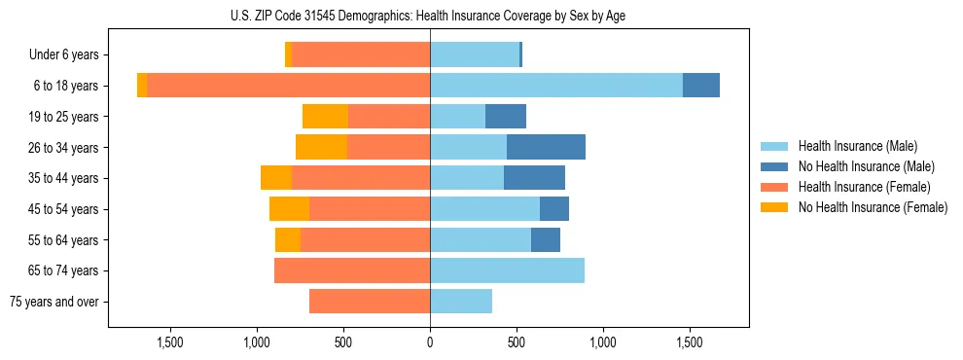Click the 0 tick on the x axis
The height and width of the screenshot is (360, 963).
pyautogui.click(x=430, y=343)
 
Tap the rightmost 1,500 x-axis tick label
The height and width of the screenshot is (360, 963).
pyautogui.click(x=689, y=343)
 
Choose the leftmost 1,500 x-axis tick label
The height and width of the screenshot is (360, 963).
pyautogui.click(x=170, y=343)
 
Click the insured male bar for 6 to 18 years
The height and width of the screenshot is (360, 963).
pyautogui.click(x=556, y=86)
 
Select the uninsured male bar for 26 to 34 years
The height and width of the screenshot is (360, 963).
pyautogui.click(x=546, y=147)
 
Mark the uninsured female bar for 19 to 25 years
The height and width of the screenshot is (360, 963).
pyautogui.click(x=325, y=117)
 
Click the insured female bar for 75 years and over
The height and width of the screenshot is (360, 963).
pyautogui.click(x=370, y=302)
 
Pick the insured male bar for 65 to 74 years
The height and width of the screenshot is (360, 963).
pyautogui.click(x=507, y=270)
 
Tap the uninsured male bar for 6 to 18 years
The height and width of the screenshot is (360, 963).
pyautogui.click(x=701, y=86)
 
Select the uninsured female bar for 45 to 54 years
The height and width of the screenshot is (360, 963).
pyautogui.click(x=289, y=209)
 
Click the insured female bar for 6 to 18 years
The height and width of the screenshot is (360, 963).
pyautogui.click(x=288, y=86)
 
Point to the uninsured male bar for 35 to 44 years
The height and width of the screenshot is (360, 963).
pyautogui.click(x=534, y=178)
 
